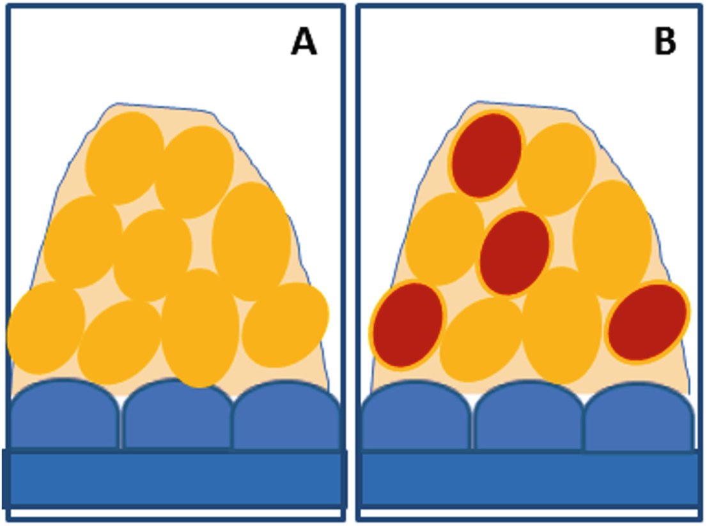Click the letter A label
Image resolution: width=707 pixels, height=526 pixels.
click(x=304, y=43)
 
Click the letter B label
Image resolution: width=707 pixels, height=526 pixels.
click(x=665, y=43)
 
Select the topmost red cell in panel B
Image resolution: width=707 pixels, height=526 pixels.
click(x=486, y=155)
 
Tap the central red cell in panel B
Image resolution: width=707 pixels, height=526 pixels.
click(x=515, y=253)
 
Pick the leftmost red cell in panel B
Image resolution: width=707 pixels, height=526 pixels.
click(x=408, y=325)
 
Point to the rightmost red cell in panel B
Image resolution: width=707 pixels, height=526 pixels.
click(x=647, y=322)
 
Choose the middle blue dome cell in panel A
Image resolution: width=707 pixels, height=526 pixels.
click(x=177, y=421)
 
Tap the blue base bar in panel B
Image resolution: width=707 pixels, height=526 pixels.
click(x=529, y=479)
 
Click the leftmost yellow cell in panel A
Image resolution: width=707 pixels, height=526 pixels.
click(x=45, y=327)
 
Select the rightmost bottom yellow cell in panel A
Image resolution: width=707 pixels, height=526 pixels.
click(x=285, y=325)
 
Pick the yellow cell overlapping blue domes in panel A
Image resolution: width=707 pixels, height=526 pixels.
click(x=200, y=328)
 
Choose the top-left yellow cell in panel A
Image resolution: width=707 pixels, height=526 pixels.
click(x=125, y=158)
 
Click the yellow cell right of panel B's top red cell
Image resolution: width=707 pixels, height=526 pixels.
click(x=556, y=169)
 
